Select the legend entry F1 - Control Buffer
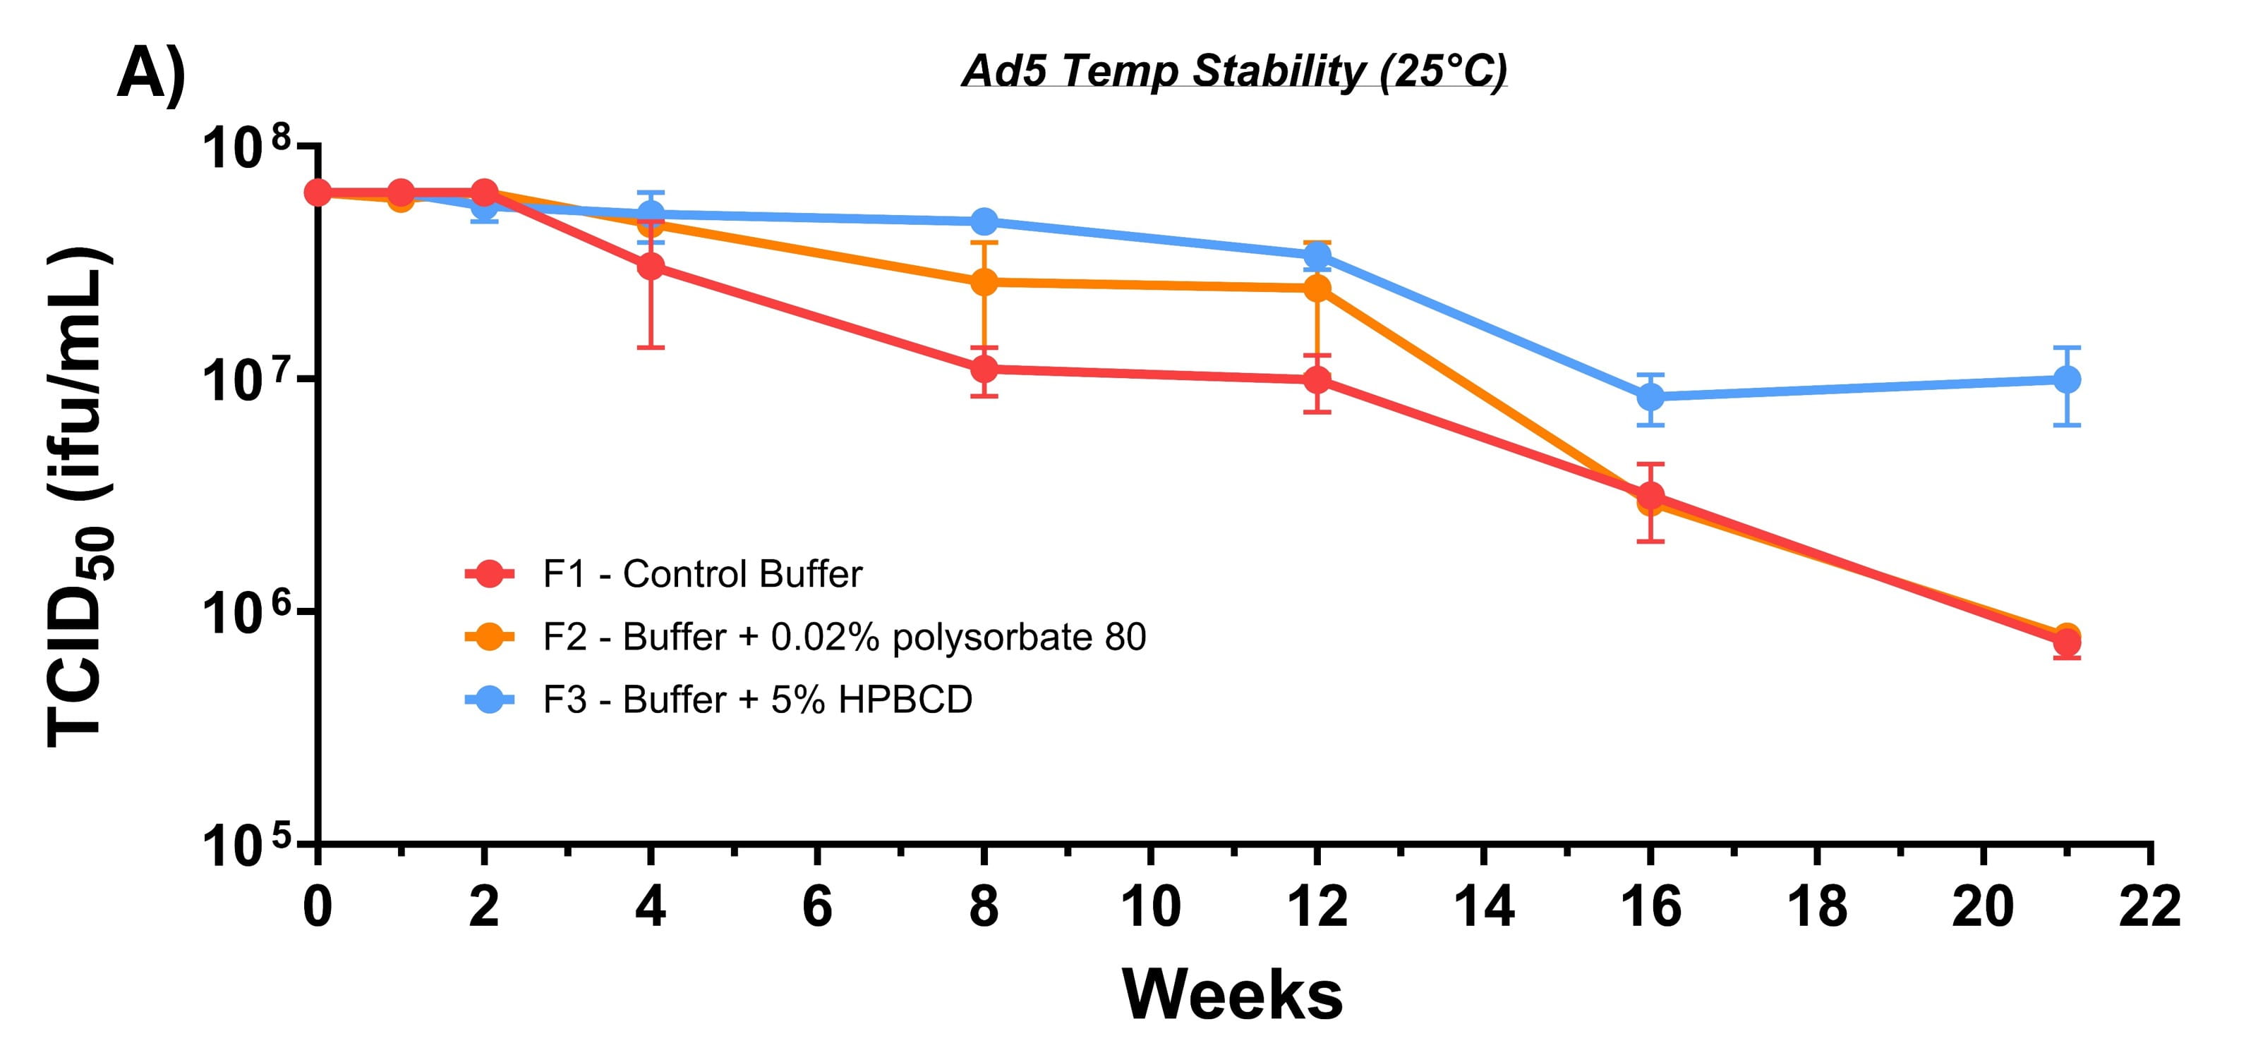point(702,575)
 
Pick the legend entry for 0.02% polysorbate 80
point(843,637)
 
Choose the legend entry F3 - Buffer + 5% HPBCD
point(757,700)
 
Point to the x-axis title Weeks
point(1233,994)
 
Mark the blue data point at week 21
point(2067,379)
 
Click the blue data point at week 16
point(1650,397)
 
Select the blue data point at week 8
point(984,221)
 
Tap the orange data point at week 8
point(984,282)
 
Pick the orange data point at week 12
point(1317,288)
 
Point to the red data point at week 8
point(984,369)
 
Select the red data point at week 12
point(1317,380)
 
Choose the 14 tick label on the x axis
point(1484,906)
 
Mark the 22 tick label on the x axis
point(2149,906)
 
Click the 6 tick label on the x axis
point(817,906)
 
